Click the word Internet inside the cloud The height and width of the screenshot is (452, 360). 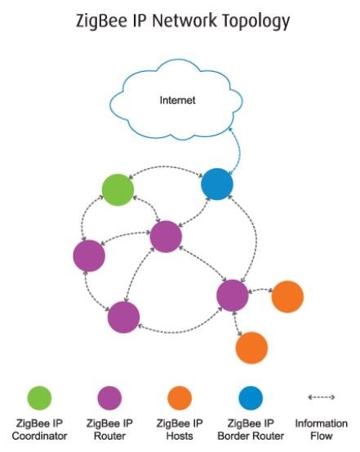click(177, 100)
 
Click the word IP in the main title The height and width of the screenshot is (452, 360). click(139, 20)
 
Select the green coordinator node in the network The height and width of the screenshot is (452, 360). click(118, 189)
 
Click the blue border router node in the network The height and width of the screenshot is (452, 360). click(217, 184)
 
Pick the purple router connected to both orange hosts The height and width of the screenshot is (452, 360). click(233, 295)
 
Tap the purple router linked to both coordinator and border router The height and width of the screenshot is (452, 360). click(166, 237)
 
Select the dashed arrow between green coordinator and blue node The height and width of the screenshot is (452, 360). click(166, 167)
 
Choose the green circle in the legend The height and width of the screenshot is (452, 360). click(39, 398)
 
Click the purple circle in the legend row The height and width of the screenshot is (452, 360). click(109, 398)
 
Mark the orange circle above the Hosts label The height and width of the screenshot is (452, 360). click(180, 398)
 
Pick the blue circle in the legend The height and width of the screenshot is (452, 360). click(251, 398)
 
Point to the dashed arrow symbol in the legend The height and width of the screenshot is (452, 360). click(322, 397)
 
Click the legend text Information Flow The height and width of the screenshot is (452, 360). click(322, 429)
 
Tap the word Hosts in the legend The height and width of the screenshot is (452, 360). click(180, 436)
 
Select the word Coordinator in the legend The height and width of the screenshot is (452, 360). click(39, 436)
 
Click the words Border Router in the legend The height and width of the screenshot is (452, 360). click(251, 436)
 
